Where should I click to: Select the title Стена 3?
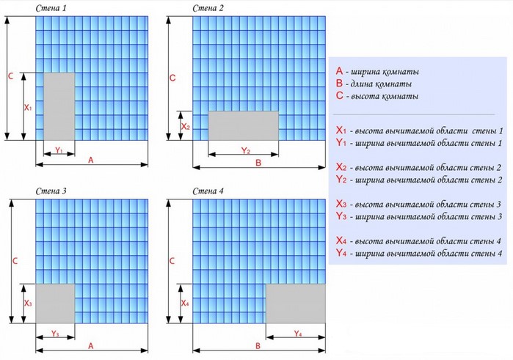(x=51, y=191)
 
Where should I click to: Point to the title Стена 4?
(x=208, y=191)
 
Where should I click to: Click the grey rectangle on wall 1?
(x=59, y=106)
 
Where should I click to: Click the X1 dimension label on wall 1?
(x=28, y=107)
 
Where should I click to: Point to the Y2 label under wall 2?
(x=246, y=151)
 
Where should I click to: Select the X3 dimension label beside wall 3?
(x=28, y=303)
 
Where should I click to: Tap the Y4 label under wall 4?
(x=297, y=334)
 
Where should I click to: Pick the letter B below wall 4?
(x=258, y=345)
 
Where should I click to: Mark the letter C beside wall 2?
(x=172, y=77)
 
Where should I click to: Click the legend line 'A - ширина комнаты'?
(x=377, y=72)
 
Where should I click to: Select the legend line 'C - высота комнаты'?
(x=377, y=96)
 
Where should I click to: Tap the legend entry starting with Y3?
(x=418, y=216)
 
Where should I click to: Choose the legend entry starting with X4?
(x=418, y=241)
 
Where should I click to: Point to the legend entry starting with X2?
(x=418, y=168)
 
